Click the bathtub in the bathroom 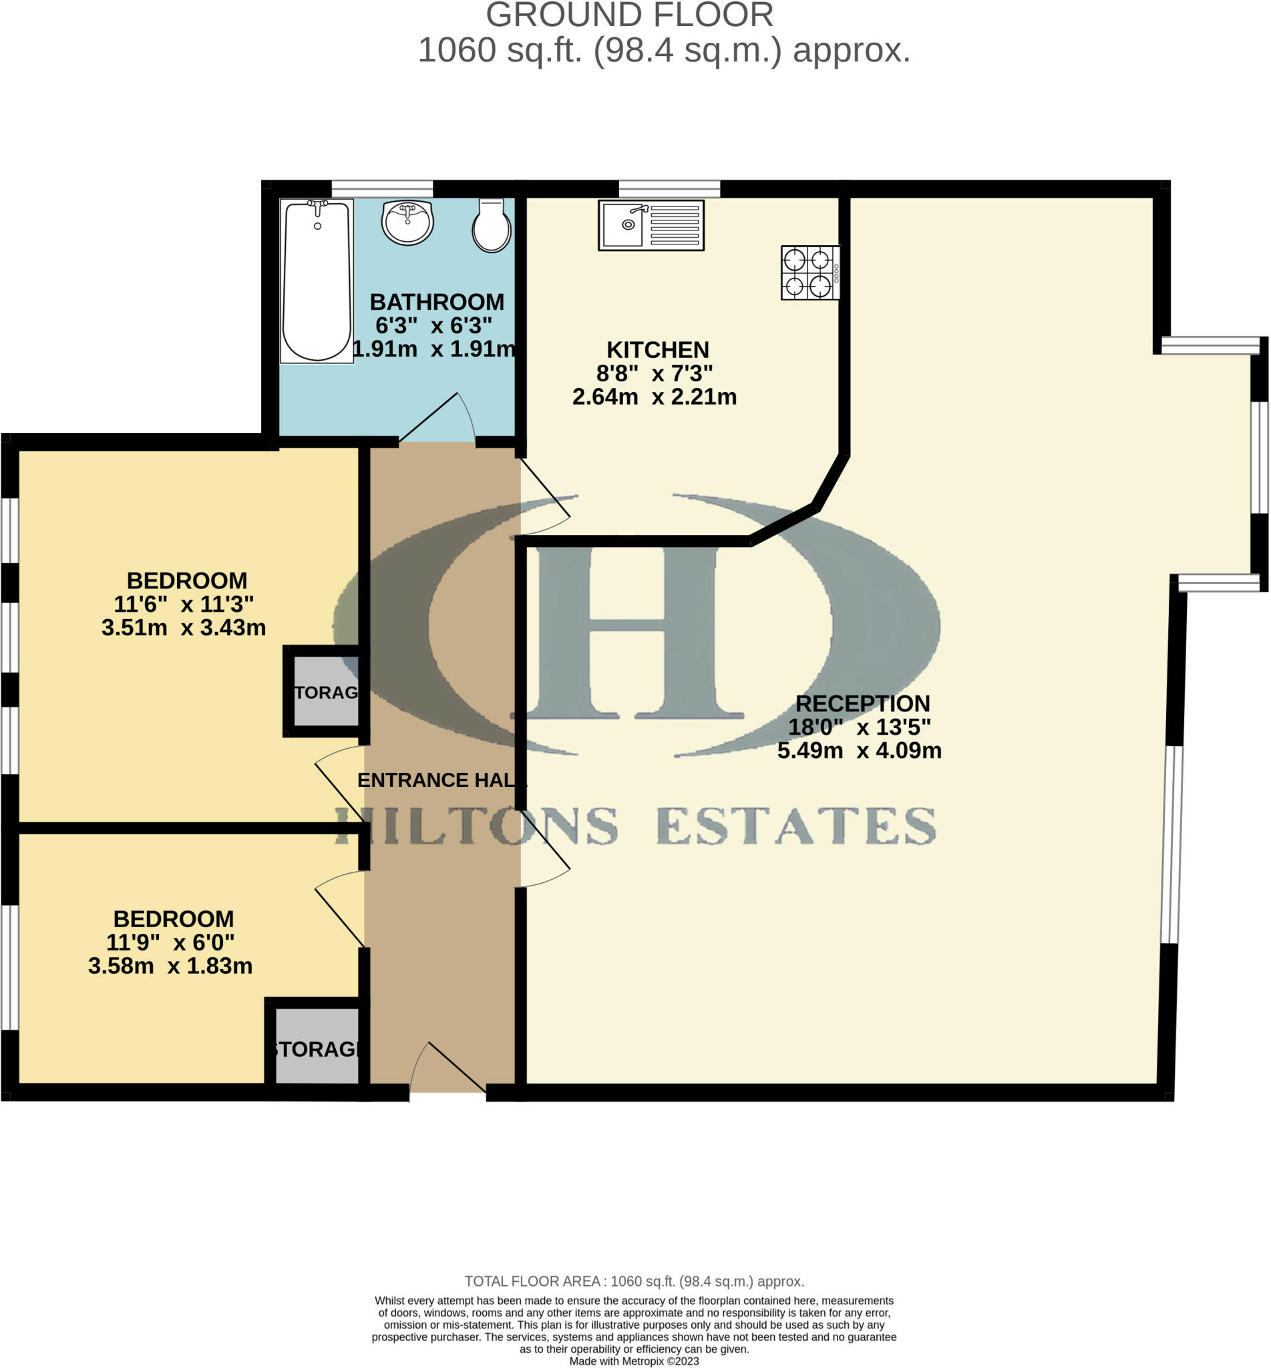coord(317,281)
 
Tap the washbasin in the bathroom coord(407,223)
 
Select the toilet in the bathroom coord(491,226)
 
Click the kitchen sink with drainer coord(651,225)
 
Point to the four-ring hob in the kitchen coord(809,273)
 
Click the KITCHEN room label coord(657,350)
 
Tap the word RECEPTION coord(862,703)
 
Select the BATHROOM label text coord(437,302)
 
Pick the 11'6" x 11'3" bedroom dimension coord(184,604)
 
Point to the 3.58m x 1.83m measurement coord(170,966)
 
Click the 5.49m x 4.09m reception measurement coord(859,750)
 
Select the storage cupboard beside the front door coord(317,1049)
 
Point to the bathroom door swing coord(440,419)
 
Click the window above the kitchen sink coord(669,188)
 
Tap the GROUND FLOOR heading coord(629,15)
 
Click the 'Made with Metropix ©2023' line coord(633,1361)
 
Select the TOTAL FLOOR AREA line coord(633,1281)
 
